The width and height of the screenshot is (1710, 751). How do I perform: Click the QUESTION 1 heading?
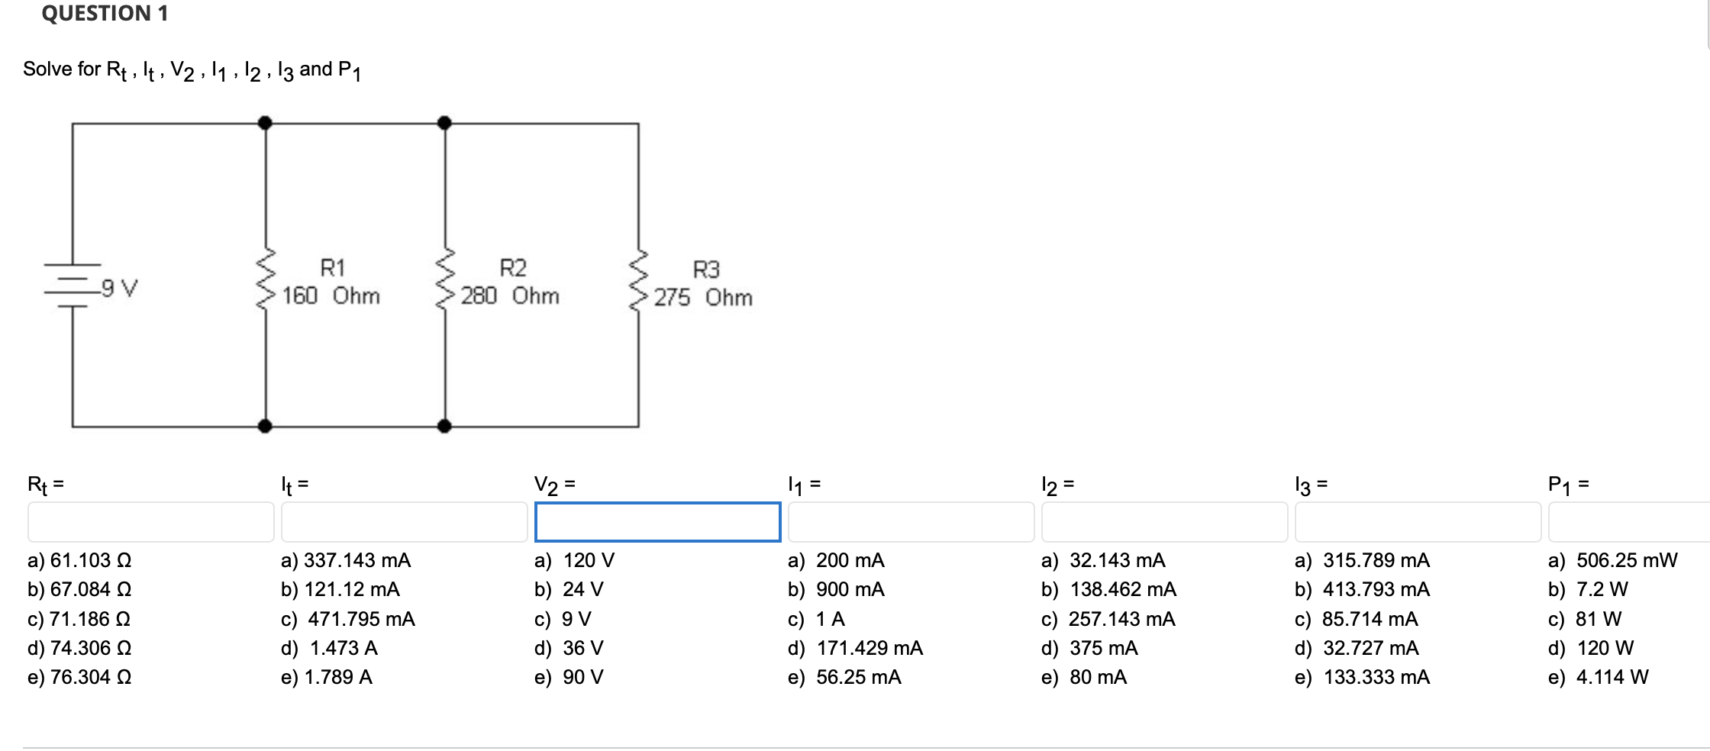point(105,14)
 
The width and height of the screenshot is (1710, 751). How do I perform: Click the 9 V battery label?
point(119,288)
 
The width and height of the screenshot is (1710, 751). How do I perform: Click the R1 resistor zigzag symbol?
point(266,279)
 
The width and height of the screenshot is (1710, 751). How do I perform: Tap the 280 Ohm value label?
point(509,296)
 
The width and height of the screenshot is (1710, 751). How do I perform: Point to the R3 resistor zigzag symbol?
point(638,281)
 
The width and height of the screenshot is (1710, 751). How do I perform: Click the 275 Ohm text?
point(702,298)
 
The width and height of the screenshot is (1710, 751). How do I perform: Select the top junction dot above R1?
point(265,123)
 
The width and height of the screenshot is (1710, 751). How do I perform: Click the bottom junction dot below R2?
point(444,426)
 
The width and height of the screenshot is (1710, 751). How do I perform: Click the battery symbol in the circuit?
point(72,286)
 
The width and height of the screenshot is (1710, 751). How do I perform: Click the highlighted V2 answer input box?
point(657,522)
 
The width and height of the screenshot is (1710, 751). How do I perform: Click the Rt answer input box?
point(150,522)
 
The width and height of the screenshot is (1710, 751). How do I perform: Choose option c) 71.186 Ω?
point(79,619)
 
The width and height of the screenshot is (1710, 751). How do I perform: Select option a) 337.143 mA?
point(345,561)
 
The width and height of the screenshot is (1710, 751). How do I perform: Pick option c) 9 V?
point(563,619)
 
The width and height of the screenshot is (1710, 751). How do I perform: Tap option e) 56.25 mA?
point(844,677)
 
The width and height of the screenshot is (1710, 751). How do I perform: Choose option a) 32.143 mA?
point(1103,561)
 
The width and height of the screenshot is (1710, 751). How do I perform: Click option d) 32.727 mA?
point(1357,648)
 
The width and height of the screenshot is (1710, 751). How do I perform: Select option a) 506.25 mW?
point(1612,561)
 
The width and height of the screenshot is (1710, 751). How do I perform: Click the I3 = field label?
point(1311,485)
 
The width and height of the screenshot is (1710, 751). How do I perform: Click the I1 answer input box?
point(911,522)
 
